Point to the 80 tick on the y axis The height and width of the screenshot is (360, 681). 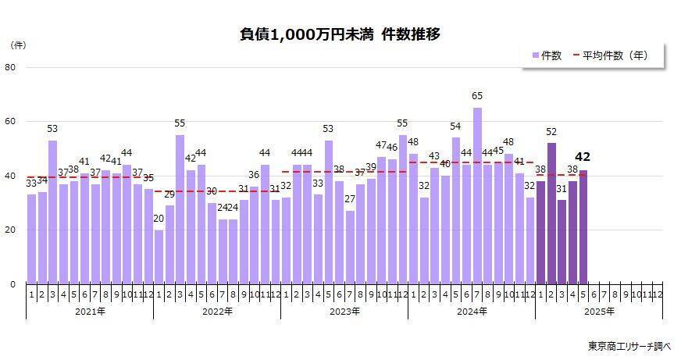click(x=11, y=67)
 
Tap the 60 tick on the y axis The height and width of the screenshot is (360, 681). click(x=11, y=122)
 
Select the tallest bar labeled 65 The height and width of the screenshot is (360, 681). click(x=477, y=195)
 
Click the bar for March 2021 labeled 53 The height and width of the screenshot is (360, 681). click(x=53, y=211)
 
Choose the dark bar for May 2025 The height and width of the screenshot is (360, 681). click(x=583, y=226)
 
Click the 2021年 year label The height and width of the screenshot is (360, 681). click(x=90, y=312)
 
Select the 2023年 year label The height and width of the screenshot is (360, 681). click(x=344, y=312)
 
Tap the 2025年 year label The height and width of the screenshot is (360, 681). click(x=599, y=312)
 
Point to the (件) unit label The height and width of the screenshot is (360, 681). click(x=18, y=45)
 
